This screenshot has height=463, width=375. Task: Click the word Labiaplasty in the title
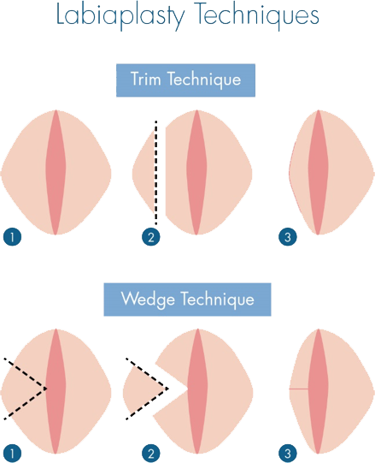point(120,16)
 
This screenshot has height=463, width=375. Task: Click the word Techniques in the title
point(257,15)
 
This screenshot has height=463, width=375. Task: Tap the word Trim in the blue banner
point(146,79)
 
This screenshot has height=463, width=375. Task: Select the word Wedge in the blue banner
point(148,300)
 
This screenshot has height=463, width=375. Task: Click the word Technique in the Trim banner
point(204,80)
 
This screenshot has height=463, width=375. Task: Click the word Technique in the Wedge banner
point(217,300)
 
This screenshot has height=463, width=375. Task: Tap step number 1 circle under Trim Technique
point(12,237)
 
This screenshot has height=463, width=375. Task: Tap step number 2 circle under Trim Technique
point(151,237)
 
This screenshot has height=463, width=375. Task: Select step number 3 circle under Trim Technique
point(288,237)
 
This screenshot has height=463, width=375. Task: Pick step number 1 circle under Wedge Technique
point(12,454)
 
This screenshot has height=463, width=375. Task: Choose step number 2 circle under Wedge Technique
point(151,454)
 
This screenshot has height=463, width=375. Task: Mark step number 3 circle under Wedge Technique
point(288,454)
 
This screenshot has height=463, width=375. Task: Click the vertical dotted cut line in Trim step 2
point(156,173)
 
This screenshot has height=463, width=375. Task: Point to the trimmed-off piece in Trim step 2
point(144,172)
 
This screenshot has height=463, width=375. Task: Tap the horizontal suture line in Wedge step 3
point(299,389)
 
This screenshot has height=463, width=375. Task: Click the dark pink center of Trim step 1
point(56,172)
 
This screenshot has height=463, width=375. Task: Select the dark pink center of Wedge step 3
point(319,391)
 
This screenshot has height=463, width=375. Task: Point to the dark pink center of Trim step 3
point(319,172)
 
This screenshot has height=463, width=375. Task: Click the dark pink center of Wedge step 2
point(197,391)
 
